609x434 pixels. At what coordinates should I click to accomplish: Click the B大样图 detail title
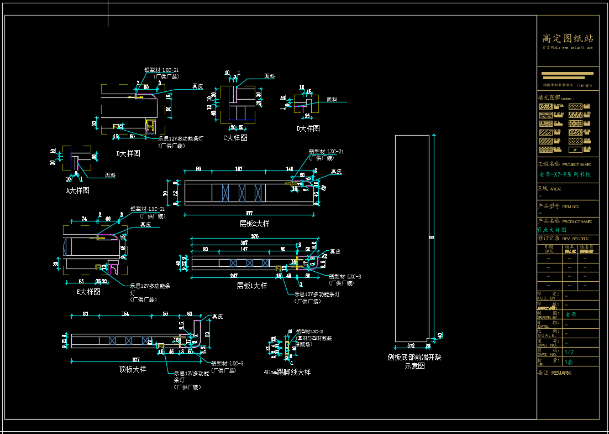point(128,153)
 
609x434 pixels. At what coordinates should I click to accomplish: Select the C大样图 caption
point(235,138)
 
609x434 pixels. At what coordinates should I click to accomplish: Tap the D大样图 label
point(308,128)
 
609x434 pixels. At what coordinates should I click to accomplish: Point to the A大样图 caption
point(77,190)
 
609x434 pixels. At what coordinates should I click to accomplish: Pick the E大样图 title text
point(88,292)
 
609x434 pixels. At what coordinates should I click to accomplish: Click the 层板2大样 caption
point(254,224)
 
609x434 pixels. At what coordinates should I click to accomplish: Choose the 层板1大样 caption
point(252,286)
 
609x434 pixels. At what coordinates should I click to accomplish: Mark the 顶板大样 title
point(133,369)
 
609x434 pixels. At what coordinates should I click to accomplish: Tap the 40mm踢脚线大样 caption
point(287,372)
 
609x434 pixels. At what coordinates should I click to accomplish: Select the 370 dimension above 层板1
point(255,237)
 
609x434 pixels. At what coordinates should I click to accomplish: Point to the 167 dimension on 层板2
point(239,169)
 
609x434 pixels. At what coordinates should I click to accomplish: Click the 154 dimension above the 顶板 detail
point(125,314)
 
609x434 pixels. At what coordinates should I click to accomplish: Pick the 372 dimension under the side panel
point(411,346)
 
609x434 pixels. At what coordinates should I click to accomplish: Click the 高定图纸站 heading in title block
point(568,38)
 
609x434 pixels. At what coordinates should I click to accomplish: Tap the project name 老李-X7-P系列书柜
point(565,174)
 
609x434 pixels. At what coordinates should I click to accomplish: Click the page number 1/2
point(569,352)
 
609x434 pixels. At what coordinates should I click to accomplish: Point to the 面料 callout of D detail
point(332,100)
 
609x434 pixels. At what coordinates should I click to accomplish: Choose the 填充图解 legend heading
point(549,97)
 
